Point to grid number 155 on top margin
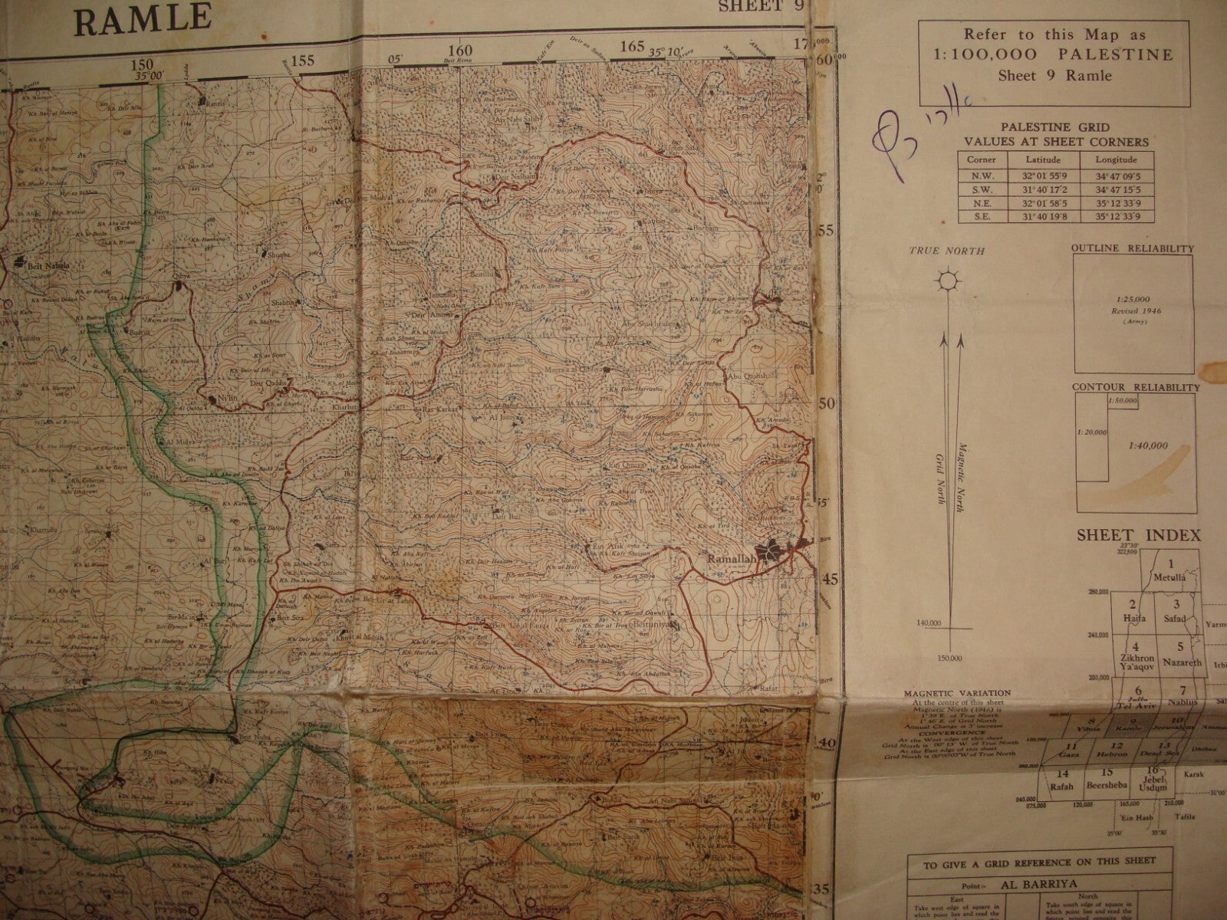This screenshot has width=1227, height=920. [x=302, y=61]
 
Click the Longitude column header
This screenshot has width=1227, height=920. [x=1115, y=159]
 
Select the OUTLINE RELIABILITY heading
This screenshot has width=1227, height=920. [x=1132, y=248]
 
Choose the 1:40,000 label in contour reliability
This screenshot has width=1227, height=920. [x=1147, y=445]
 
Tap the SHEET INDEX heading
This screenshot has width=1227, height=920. [x=1138, y=535]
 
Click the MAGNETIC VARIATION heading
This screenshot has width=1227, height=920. [x=956, y=693]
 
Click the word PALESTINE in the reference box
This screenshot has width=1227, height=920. [x=1130, y=54]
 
